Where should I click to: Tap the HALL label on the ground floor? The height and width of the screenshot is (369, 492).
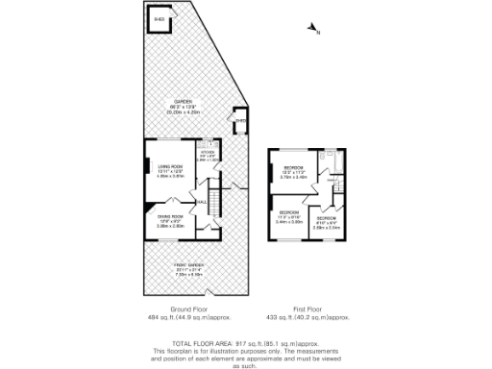(x=202, y=202)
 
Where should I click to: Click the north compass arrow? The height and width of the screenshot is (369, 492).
(x=311, y=31)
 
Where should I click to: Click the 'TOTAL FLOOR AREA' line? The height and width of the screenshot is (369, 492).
(x=245, y=343)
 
